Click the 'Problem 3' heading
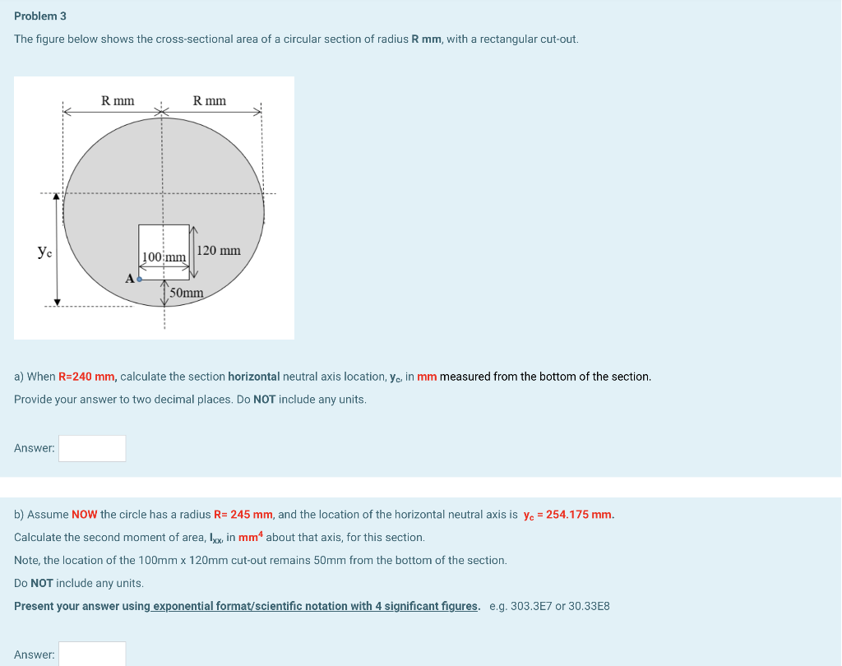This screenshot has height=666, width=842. [x=40, y=16]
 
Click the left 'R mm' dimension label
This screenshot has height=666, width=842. [x=118, y=100]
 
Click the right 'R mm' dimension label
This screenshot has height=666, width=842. [x=210, y=100]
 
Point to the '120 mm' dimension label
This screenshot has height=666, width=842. [x=220, y=250]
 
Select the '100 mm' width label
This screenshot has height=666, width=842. [x=164, y=257]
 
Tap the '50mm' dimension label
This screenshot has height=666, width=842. [x=187, y=292]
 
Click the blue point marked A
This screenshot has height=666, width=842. [x=139, y=280]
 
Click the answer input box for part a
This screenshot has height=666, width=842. [x=92, y=448]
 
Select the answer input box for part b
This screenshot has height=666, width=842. [x=92, y=654]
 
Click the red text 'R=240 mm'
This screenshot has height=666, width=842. [x=87, y=377]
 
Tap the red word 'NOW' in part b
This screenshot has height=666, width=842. [x=85, y=515]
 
